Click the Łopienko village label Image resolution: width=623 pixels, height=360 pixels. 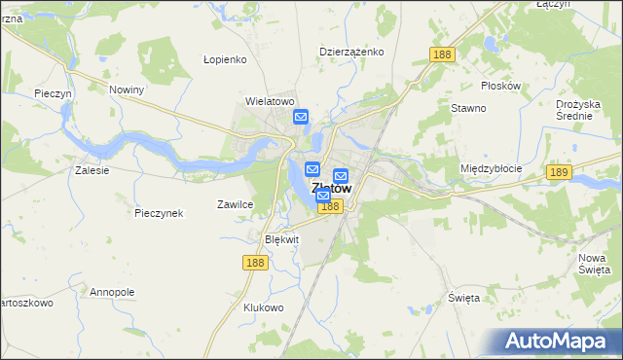(x=227, y=59)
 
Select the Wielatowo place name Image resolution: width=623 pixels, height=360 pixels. (x=270, y=101)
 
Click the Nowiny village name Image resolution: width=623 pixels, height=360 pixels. (x=127, y=90)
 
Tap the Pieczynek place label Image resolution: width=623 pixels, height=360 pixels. (x=160, y=213)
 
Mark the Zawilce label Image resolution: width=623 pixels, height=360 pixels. (x=235, y=204)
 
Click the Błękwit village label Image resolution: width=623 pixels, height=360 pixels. (x=282, y=239)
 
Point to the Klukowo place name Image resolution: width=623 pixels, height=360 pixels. (x=263, y=307)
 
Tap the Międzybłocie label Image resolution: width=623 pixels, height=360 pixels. (x=491, y=168)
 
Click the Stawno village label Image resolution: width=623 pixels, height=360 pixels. (x=468, y=108)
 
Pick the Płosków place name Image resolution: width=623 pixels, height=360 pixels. (x=501, y=86)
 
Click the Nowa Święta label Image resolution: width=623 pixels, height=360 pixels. (x=593, y=263)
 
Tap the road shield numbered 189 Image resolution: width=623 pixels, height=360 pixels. (x=558, y=172)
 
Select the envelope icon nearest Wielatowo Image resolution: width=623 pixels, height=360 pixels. (x=301, y=118)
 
